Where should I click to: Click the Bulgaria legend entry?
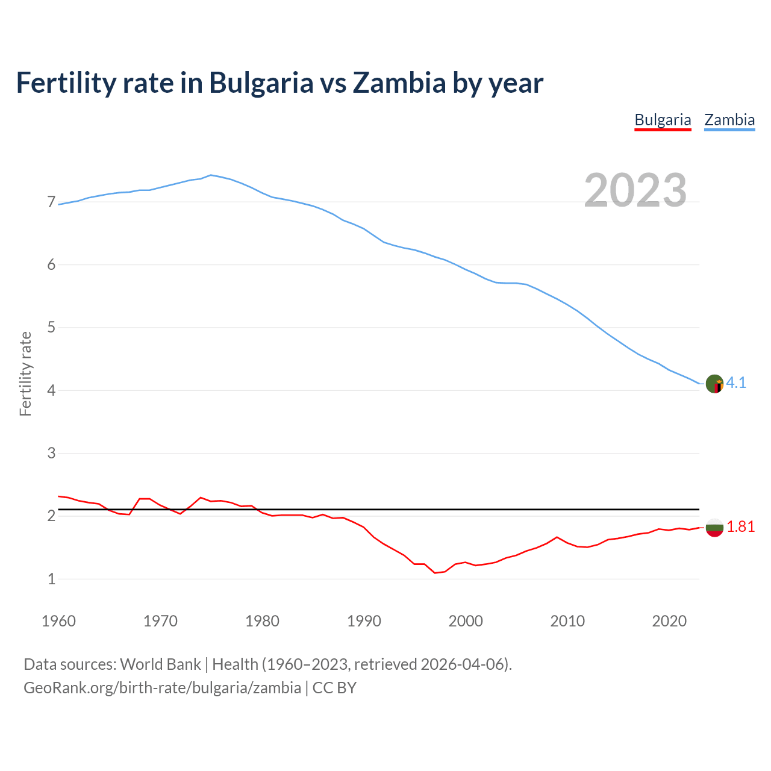(663, 120)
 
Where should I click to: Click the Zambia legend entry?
(729, 120)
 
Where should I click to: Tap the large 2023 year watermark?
(635, 190)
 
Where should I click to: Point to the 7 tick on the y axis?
(51, 202)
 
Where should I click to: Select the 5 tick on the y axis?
(51, 328)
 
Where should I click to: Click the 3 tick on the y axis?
(51, 453)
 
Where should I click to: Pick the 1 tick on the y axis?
(51, 579)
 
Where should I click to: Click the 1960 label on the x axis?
(58, 621)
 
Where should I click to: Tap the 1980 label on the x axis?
(262, 621)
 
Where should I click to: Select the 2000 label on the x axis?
(466, 621)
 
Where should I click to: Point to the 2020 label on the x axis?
(669, 621)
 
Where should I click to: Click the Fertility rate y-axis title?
(25, 373)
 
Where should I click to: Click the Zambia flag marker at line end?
(714, 383)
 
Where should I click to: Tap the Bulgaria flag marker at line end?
(714, 527)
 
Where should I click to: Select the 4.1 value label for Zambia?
(736, 382)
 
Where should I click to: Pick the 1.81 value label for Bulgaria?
(740, 526)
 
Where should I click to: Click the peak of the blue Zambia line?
(210, 175)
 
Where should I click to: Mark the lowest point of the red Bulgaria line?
(435, 573)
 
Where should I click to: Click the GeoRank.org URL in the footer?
(162, 687)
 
